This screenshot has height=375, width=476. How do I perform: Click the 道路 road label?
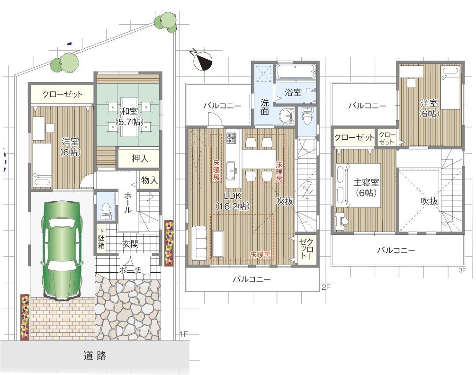95,356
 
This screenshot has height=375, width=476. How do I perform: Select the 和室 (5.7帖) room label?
129,116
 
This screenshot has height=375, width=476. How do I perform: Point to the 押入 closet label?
140,158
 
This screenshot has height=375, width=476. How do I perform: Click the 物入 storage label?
149,180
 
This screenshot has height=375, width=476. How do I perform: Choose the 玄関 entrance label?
131,244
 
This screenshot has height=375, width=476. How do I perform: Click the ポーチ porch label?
130,270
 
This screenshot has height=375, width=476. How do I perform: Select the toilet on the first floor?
106,209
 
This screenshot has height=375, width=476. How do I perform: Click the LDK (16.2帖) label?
233,201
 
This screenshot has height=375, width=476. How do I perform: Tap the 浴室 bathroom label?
293,92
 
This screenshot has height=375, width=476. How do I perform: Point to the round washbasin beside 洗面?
286,116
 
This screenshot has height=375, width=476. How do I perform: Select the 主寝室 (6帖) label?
366,187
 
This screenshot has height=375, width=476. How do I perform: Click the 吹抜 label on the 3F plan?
429,201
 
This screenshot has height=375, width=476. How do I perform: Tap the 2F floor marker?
326,287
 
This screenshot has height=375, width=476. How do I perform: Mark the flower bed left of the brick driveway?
25,317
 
